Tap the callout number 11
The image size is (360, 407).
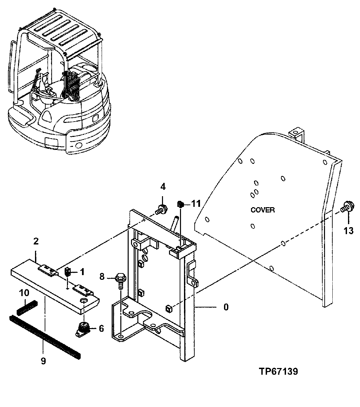coord(196,204)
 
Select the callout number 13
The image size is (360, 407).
coord(348,230)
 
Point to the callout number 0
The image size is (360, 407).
coord(226,307)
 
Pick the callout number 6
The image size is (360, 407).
coord(101,329)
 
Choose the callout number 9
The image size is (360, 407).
coord(43,361)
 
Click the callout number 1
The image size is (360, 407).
coord(81,272)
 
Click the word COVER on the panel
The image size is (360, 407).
coord(263,210)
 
